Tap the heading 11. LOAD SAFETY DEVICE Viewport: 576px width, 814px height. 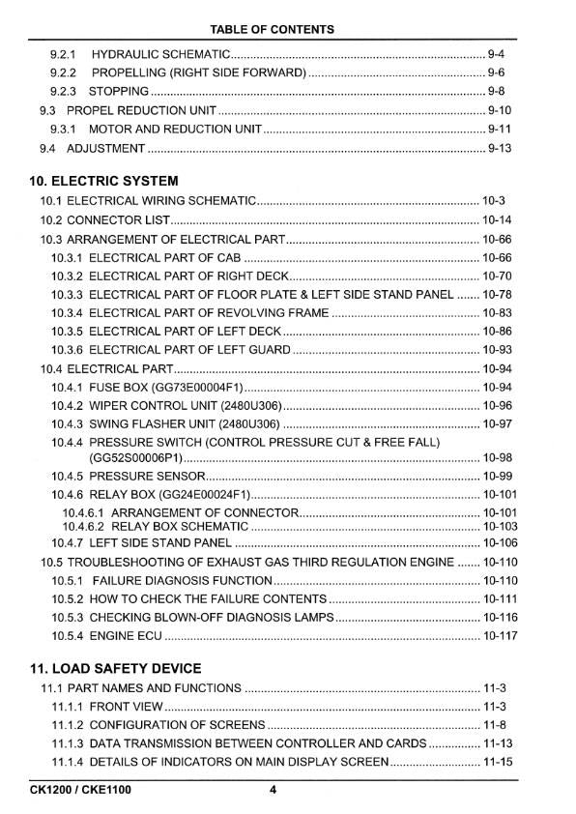click(x=115, y=668)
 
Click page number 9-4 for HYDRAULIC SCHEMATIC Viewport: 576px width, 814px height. click(x=497, y=54)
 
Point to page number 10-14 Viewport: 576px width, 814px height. click(x=497, y=219)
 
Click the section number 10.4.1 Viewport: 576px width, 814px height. click(x=67, y=388)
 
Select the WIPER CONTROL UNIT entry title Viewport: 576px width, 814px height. click(x=183, y=406)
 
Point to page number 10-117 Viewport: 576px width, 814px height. click(x=500, y=636)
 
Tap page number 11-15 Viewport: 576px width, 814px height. click(x=497, y=763)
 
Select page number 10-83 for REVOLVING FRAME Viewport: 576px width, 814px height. click(x=497, y=313)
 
